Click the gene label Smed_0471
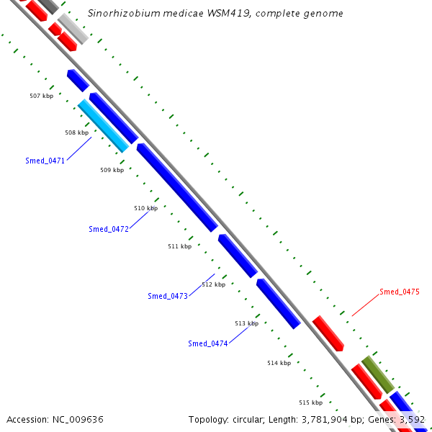[45, 161]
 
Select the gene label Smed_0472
[109, 229]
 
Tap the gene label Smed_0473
[168, 296]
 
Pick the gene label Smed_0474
[208, 343]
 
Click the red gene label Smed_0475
[400, 292]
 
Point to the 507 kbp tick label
[42, 96]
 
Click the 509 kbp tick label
[112, 171]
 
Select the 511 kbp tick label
[180, 246]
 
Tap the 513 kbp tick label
[246, 323]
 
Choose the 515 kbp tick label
[310, 402]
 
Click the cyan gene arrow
[103, 125]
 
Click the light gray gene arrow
[73, 28]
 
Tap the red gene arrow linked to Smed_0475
[328, 333]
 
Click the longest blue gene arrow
[177, 187]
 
